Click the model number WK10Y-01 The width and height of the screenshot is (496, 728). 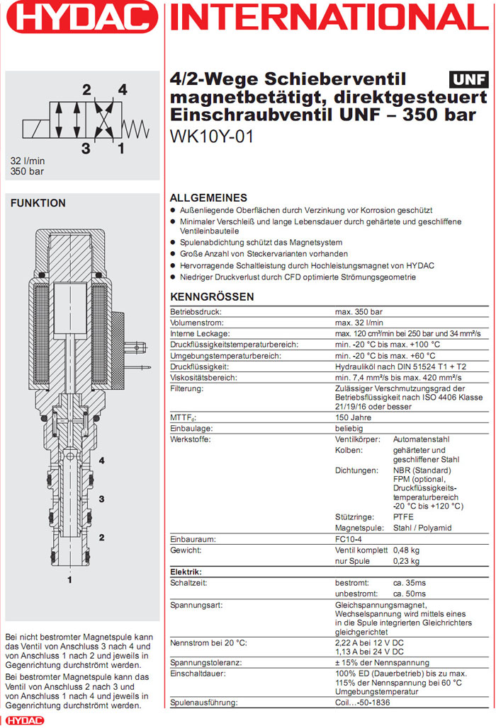[211, 136]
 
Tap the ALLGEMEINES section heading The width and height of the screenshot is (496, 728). [208, 198]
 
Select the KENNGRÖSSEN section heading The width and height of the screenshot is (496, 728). [212, 297]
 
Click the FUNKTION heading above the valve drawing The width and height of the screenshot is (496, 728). [38, 203]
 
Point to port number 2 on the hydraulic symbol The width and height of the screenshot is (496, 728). [86, 90]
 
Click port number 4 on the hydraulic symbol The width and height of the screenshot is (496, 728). [123, 90]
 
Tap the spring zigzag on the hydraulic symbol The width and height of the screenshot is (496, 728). [136, 127]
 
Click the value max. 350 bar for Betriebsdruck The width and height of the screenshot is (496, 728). [359, 311]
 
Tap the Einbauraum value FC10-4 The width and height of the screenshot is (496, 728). [348, 539]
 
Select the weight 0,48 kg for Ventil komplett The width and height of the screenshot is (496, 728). [406, 550]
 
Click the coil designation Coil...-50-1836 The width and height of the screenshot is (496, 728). [368, 703]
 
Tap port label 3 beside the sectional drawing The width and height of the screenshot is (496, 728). [101, 499]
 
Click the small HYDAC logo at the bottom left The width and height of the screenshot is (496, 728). [23, 720]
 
